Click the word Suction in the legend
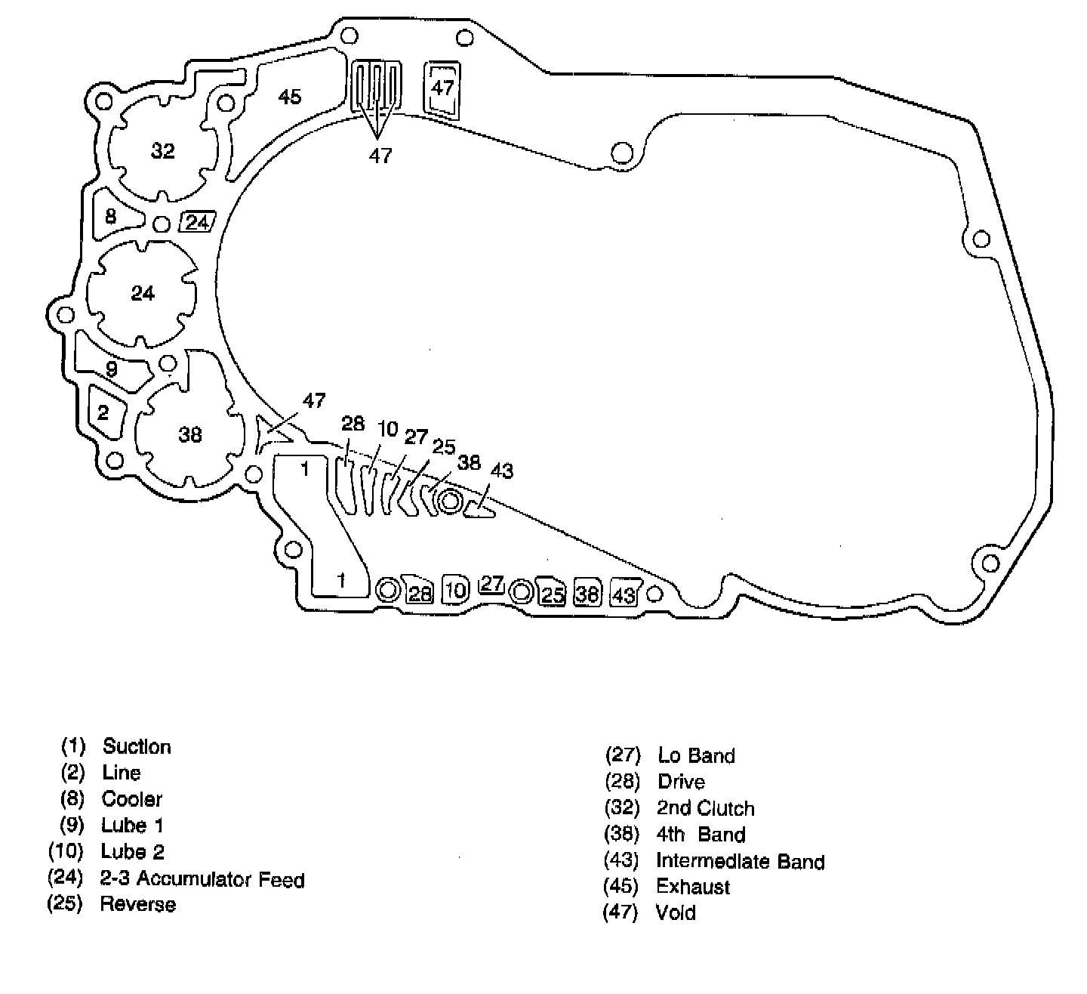click(137, 746)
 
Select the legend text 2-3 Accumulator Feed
click(202, 879)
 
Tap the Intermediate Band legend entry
click(740, 861)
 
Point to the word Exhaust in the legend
click(693, 887)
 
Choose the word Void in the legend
click(676, 912)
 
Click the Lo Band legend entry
click(696, 755)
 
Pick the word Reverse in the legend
click(138, 904)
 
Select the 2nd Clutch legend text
click(705, 808)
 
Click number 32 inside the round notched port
click(162, 151)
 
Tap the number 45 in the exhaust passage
click(289, 97)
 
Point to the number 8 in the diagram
click(111, 217)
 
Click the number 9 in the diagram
click(112, 370)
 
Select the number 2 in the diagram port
click(103, 412)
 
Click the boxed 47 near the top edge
click(442, 88)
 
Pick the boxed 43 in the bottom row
click(624, 594)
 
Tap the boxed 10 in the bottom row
click(455, 590)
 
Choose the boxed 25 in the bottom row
click(553, 594)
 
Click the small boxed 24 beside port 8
click(198, 223)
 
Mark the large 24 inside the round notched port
click(143, 292)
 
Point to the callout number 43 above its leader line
click(501, 471)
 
